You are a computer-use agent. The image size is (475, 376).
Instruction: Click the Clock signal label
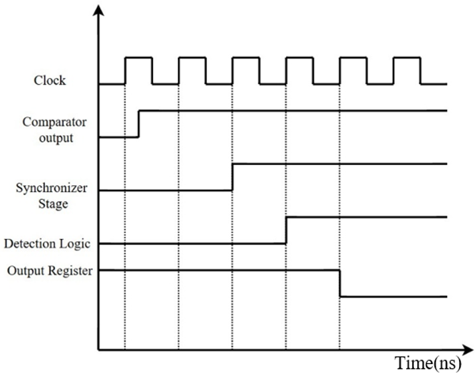coord(50,80)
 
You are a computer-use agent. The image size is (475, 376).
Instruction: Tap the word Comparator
coord(54,122)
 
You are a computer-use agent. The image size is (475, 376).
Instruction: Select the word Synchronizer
coord(52,188)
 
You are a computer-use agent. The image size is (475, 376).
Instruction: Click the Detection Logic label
coord(47,244)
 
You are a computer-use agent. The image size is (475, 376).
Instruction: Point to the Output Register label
coord(50,271)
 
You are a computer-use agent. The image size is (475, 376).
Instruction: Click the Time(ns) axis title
coord(429,363)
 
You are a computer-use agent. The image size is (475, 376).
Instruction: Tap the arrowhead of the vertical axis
coord(98,10)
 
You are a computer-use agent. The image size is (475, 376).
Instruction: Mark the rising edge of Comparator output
coord(139,124)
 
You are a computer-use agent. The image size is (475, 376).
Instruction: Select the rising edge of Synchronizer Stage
coord(232,177)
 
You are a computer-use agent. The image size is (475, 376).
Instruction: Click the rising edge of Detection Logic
coord(286,230)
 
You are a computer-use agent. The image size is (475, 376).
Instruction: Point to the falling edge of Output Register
coord(340,283)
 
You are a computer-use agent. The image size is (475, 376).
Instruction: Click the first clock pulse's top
coord(139,57)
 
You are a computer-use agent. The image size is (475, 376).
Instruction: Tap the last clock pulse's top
coord(407,57)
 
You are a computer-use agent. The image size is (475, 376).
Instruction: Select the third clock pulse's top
coord(245,57)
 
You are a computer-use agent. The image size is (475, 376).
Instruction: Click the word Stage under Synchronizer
coord(53,204)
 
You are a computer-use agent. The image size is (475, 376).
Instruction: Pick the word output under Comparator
coord(56,138)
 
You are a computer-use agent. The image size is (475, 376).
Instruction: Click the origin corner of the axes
coord(98,350)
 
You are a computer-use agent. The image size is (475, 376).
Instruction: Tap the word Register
coord(70,271)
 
